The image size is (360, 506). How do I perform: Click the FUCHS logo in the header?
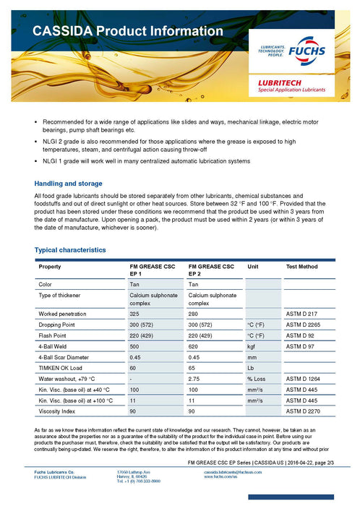tap(307, 53)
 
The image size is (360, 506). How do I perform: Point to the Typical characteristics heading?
tap(70, 249)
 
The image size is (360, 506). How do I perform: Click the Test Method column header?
tap(301, 267)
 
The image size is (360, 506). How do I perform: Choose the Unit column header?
tap(253, 267)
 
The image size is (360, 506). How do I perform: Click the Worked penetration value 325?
tap(134, 314)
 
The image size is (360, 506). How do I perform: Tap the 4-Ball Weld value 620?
tap(194, 346)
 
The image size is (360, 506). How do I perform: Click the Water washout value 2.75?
tap(194, 379)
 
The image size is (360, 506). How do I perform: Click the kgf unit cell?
tap(252, 346)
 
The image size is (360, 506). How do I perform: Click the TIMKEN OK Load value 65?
tap(192, 368)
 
